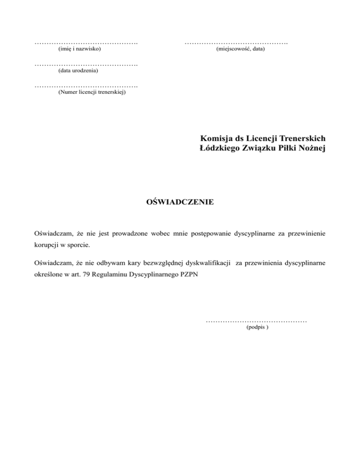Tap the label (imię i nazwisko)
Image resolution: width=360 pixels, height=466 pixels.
79,49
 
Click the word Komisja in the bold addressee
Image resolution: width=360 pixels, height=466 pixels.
215,139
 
